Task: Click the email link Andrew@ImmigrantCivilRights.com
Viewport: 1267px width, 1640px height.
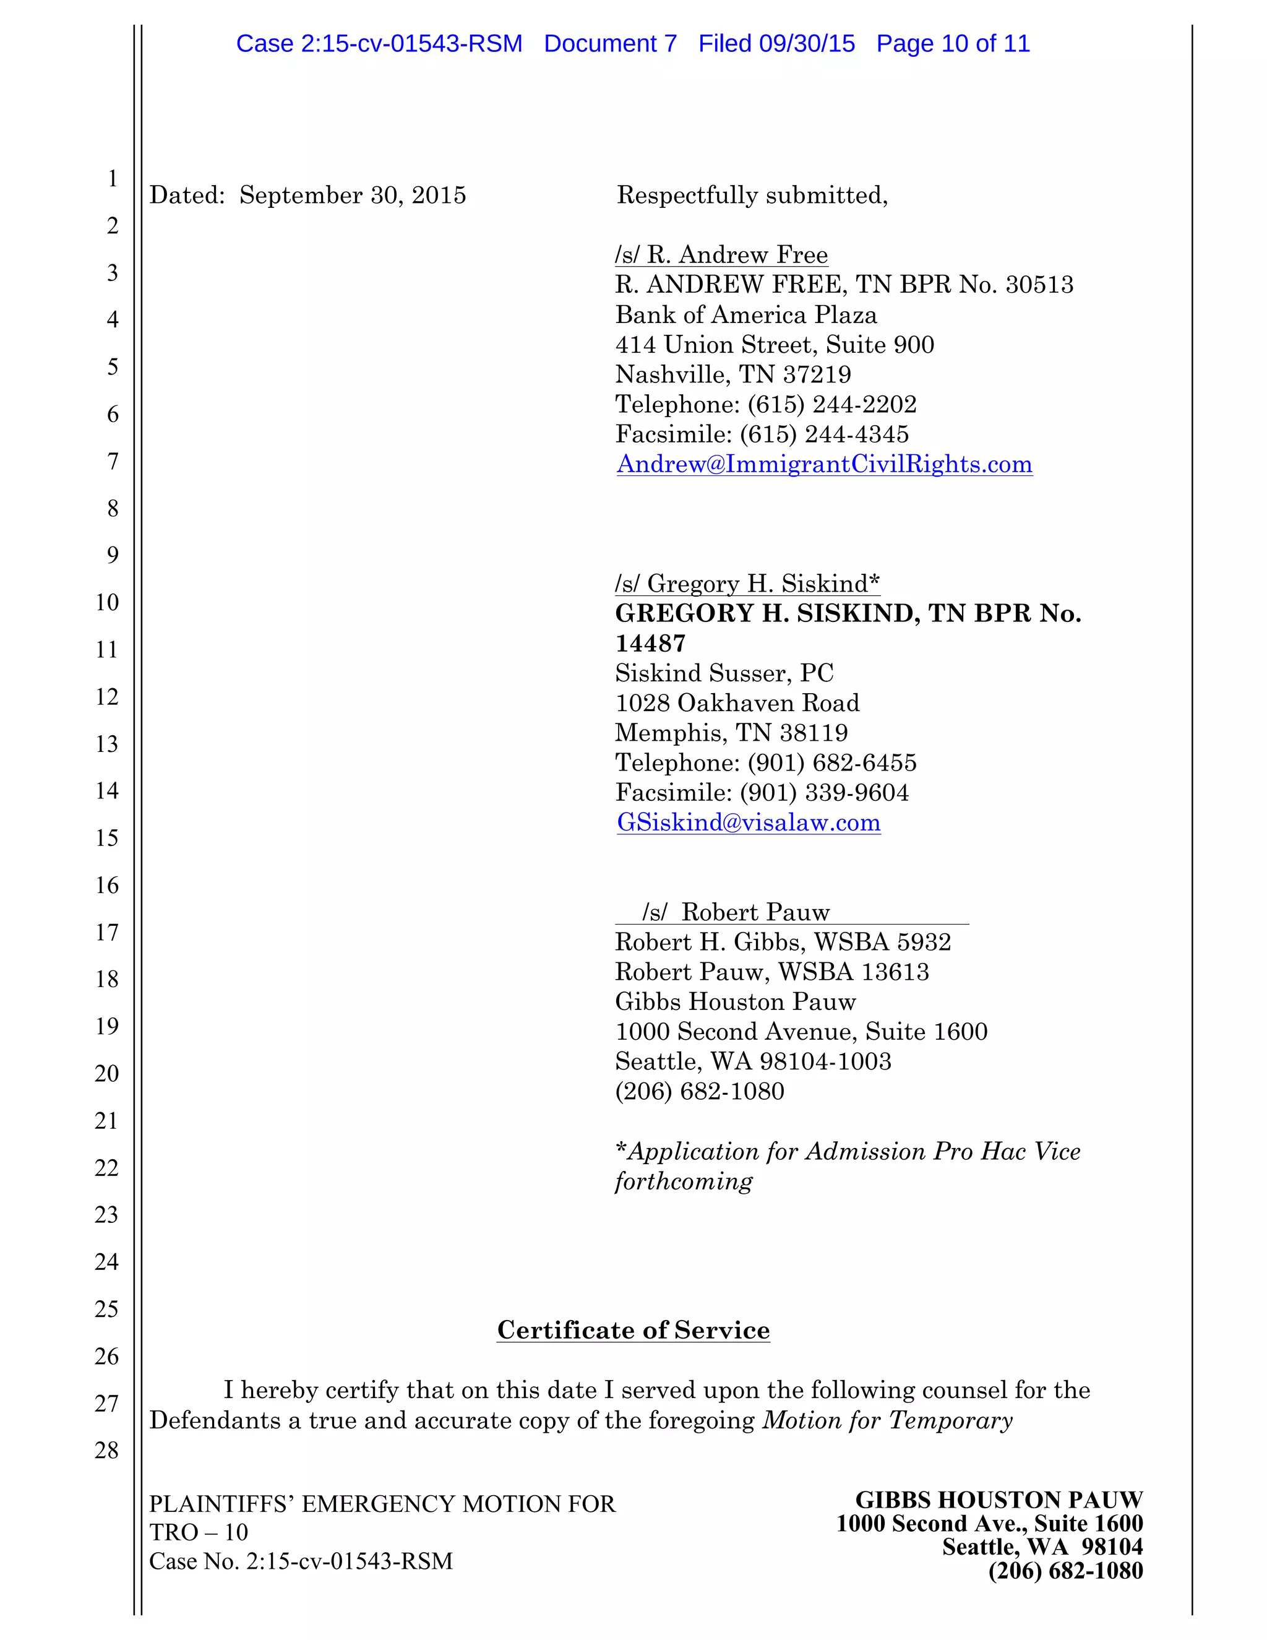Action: coord(824,464)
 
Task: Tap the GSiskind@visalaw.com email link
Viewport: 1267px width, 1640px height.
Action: coord(749,822)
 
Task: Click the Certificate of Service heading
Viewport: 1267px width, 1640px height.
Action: coord(633,1330)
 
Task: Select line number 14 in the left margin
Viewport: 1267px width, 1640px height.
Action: coord(107,791)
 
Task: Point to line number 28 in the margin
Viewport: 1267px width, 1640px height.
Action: coord(107,1450)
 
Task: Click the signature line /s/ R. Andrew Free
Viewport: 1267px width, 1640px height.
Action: coord(721,256)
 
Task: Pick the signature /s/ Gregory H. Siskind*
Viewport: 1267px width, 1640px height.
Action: coord(747,584)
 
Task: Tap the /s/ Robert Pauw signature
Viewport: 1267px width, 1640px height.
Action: coord(736,912)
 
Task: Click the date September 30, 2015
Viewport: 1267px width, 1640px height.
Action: coord(353,195)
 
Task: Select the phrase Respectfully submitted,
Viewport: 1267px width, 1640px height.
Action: coord(752,195)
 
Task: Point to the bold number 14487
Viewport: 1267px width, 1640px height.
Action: coord(650,644)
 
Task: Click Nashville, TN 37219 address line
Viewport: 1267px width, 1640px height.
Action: coord(733,374)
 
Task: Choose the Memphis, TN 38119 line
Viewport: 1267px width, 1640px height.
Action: coord(732,732)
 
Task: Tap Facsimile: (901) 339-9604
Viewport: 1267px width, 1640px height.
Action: coord(762,792)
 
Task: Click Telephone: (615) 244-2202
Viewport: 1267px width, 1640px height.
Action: coord(766,404)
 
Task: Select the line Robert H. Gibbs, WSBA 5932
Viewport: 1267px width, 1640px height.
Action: coord(783,942)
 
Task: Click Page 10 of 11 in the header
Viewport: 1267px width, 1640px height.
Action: coord(953,43)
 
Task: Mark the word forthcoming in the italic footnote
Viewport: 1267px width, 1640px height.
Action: coord(684,1181)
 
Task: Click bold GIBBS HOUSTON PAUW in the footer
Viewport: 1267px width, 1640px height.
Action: coord(999,1500)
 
